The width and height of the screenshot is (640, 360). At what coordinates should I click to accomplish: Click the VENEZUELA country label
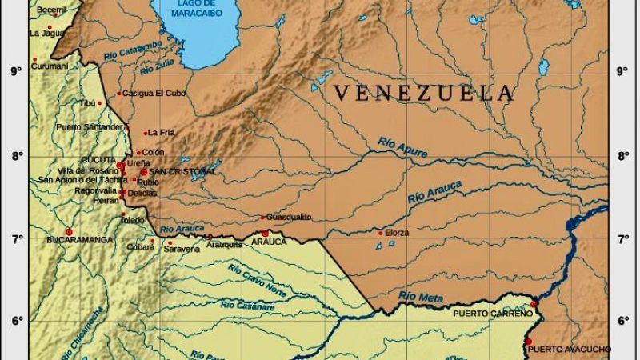tap(424, 94)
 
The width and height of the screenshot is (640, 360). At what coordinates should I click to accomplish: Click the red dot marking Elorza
tap(380, 233)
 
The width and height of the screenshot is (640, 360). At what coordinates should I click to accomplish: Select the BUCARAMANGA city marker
tap(69, 232)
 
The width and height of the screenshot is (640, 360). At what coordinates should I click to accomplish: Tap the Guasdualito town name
tap(289, 218)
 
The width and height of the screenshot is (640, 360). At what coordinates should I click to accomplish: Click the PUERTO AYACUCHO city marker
tap(528, 342)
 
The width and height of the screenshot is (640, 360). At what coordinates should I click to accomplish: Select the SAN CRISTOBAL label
tap(182, 171)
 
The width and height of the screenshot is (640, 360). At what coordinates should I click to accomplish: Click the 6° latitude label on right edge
tap(623, 322)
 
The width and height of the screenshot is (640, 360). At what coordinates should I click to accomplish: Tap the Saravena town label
tap(182, 250)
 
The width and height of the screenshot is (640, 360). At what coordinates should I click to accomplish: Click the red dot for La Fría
tap(145, 134)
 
